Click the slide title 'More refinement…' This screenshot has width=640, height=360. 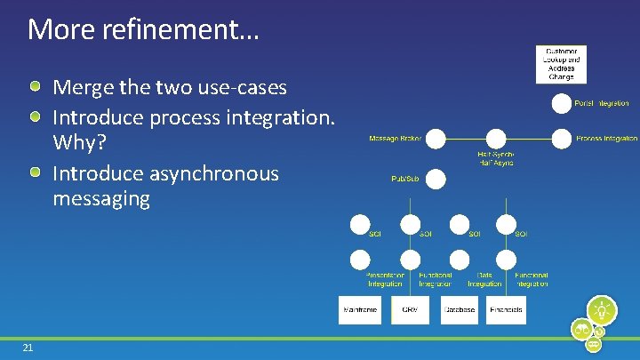click(x=143, y=29)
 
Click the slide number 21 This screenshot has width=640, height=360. click(x=28, y=348)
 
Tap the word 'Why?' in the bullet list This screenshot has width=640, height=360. click(x=80, y=141)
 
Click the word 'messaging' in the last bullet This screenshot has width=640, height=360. click(x=101, y=198)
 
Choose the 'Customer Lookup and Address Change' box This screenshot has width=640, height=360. click(x=560, y=63)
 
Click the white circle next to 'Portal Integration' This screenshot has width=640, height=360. click(x=561, y=104)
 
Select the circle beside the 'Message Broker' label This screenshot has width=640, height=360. click(x=435, y=139)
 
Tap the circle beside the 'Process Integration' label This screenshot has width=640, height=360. click(x=561, y=139)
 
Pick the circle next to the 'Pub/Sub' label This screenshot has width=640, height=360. click(x=435, y=179)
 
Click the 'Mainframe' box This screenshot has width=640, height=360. click(x=359, y=309)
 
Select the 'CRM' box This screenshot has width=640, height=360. click(x=410, y=309)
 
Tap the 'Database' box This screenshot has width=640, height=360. click(x=459, y=309)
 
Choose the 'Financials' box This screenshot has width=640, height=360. click(x=507, y=309)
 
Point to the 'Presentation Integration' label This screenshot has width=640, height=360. click(x=385, y=280)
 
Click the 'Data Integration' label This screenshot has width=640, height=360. click(x=484, y=280)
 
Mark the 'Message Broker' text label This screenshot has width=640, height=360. click(x=395, y=139)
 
